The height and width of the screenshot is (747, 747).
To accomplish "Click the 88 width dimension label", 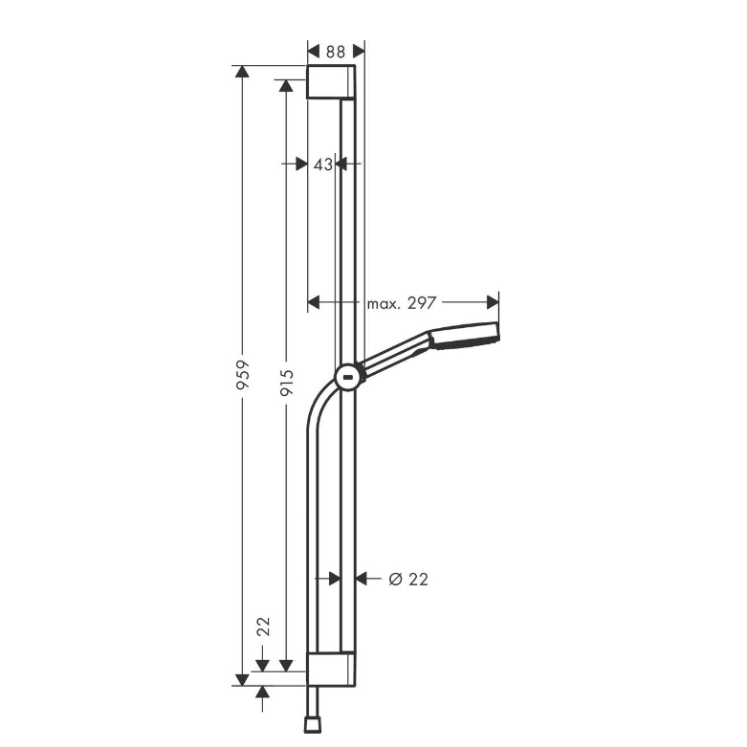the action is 336,52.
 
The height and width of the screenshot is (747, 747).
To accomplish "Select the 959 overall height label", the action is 244,375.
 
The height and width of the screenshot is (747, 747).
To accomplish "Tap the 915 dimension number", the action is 286,383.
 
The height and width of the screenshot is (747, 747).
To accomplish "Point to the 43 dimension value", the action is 323,165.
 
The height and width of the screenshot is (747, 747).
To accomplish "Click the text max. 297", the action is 402,303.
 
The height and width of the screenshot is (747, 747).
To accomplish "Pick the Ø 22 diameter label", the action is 408,580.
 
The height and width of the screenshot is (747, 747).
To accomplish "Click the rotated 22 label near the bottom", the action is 263,626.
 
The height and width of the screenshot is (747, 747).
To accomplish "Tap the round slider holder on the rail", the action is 347,377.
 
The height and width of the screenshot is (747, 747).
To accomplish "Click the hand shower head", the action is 465,336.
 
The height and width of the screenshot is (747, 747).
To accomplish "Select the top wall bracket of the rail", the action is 331,82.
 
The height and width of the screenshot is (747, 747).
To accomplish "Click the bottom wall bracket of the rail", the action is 331,670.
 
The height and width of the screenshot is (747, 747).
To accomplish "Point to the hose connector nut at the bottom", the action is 312,726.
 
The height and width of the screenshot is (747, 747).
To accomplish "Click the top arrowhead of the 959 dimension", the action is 243,72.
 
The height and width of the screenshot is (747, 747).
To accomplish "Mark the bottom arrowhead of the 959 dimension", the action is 243,680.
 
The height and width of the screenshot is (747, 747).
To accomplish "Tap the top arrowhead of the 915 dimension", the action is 286,86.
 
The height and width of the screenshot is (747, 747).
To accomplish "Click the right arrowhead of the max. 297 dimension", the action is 493,302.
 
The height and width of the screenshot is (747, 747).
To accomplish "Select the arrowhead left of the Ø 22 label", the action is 362,579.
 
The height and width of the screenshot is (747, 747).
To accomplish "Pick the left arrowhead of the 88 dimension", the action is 314,51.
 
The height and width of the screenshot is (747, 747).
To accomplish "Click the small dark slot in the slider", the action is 347,378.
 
